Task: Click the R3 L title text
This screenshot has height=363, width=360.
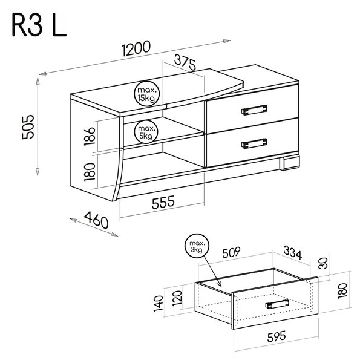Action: (x=39, y=25)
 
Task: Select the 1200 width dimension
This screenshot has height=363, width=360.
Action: (x=136, y=48)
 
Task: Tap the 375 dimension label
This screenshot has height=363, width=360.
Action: (x=185, y=62)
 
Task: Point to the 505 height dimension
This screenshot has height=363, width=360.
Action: (x=28, y=127)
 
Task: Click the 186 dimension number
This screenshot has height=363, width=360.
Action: (x=90, y=137)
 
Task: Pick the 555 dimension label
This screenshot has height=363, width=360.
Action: (x=163, y=202)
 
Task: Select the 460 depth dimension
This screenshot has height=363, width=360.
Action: (x=96, y=220)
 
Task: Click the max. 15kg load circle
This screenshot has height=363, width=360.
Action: (x=147, y=94)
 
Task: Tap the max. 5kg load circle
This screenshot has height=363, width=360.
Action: (x=146, y=132)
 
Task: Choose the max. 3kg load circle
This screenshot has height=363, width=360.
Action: (x=197, y=246)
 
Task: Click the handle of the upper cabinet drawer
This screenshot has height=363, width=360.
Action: (x=254, y=110)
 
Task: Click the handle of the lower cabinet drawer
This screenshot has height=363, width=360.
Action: (x=254, y=143)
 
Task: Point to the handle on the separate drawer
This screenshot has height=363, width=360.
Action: (x=277, y=304)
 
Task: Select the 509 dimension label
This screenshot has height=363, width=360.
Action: (x=231, y=252)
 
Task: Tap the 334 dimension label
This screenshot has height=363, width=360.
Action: (x=293, y=253)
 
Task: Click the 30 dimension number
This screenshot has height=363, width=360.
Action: (x=323, y=263)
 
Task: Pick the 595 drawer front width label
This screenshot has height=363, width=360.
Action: (x=277, y=337)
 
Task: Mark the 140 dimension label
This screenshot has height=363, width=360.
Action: (x=159, y=304)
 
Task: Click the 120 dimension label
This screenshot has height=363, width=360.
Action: (x=177, y=298)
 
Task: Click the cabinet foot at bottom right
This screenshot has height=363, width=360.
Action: (x=290, y=163)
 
